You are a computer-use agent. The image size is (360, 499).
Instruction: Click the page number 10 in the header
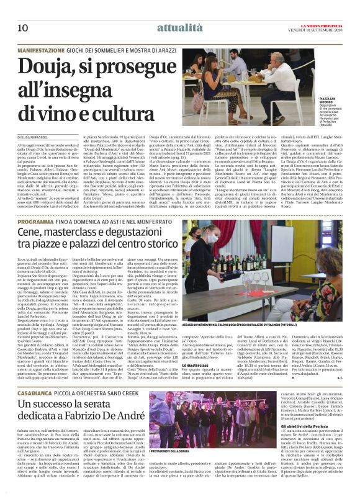click(x=24, y=11)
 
